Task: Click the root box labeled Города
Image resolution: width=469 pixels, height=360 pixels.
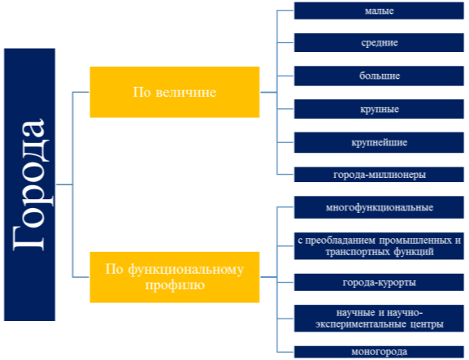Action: [x=29, y=184]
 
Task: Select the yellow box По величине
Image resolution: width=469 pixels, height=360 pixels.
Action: [x=175, y=92]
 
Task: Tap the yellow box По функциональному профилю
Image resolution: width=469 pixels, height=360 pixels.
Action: [x=175, y=277]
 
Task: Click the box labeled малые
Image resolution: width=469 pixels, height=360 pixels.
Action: [x=379, y=11]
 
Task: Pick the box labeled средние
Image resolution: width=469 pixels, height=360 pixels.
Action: [x=379, y=43]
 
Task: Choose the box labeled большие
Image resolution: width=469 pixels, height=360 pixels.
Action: [x=379, y=76]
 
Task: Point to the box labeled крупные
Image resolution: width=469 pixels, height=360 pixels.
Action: [x=379, y=109]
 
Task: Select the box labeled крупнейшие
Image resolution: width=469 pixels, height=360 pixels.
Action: [x=379, y=143]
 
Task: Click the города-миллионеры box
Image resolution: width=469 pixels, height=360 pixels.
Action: [x=379, y=175]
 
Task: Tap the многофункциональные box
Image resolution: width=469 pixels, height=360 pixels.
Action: [x=379, y=207]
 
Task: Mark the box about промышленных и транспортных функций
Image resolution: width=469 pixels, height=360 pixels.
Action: [x=379, y=246]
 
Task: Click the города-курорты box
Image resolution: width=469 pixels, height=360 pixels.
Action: [x=379, y=283]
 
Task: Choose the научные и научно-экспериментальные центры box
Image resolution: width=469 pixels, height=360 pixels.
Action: [x=379, y=319]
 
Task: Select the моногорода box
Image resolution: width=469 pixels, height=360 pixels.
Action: [x=379, y=352]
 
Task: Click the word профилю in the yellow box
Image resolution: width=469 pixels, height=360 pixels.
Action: [x=175, y=285]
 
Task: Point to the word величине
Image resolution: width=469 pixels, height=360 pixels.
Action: [x=186, y=92]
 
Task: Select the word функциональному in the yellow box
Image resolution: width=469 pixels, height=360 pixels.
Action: [x=186, y=271]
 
